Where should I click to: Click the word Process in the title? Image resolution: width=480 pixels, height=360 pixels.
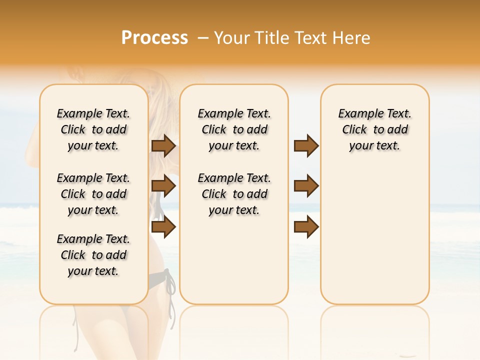click(154, 37)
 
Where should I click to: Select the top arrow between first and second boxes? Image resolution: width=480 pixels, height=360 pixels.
click(163, 145)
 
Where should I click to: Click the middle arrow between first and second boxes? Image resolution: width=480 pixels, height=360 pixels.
click(163, 186)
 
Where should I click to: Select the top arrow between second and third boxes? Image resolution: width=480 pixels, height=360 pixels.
click(306, 145)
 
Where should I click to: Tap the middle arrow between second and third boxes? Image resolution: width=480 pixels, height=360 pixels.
click(306, 186)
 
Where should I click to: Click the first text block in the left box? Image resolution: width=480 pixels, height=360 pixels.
click(93, 129)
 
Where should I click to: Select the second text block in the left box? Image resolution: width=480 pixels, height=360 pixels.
click(93, 194)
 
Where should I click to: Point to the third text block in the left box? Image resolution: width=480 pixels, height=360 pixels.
click(93, 255)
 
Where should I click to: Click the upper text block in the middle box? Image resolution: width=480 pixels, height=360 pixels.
click(234, 129)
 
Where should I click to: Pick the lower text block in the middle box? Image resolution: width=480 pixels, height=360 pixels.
click(234, 194)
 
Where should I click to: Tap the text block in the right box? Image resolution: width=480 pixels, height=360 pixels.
click(375, 129)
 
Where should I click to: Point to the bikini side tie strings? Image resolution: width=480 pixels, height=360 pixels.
click(170, 290)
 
